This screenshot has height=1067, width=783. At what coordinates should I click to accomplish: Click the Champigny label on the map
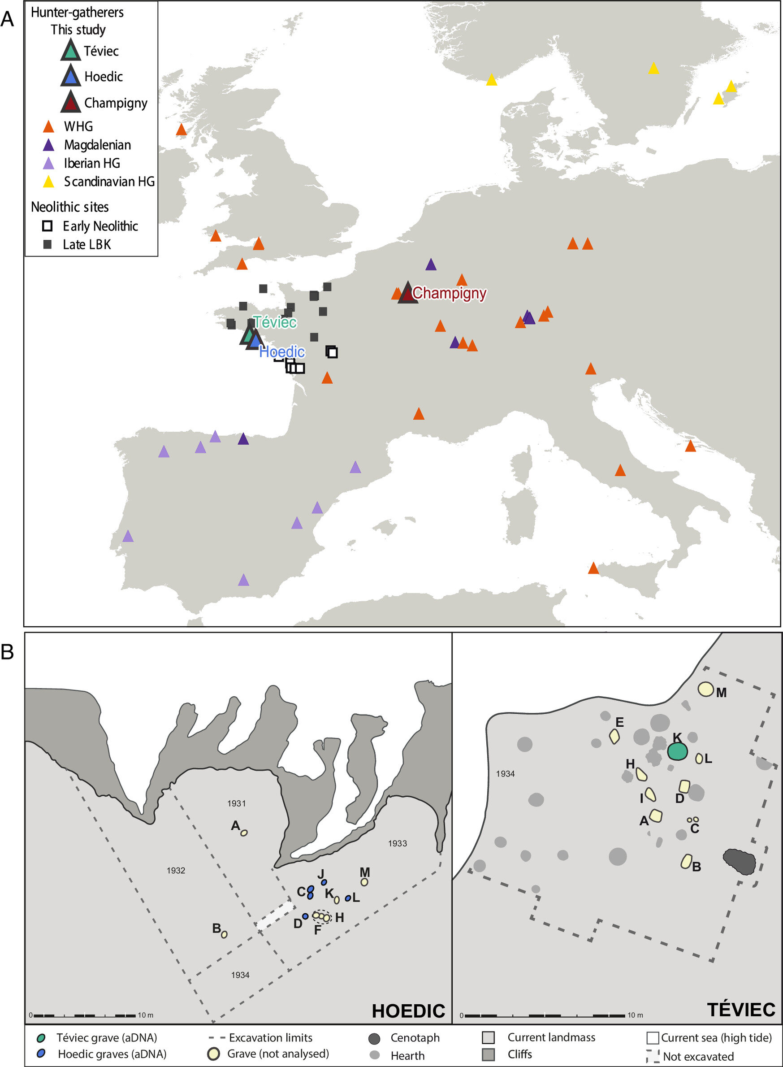coord(449,293)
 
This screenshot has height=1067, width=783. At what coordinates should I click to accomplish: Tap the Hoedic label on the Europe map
coord(282,352)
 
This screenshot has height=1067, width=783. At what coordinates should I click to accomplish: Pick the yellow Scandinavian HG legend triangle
coord(48,182)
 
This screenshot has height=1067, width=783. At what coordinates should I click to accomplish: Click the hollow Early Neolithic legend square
coord(48,226)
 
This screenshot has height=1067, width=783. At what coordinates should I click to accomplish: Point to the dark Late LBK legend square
coord(48,245)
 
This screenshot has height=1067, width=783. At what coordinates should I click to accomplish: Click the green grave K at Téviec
coord(677,751)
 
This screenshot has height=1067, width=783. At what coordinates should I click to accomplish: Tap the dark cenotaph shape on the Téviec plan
coord(739,862)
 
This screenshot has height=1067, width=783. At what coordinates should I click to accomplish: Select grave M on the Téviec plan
coord(706,689)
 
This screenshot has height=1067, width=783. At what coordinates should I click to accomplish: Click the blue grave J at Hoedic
coord(324,882)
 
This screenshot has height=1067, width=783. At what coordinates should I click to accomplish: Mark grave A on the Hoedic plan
coord(244,833)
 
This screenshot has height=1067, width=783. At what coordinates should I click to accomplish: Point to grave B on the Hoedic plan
coord(224,934)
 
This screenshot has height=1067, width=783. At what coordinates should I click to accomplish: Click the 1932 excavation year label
coord(176,870)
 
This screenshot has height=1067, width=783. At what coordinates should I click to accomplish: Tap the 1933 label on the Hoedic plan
coord(397,843)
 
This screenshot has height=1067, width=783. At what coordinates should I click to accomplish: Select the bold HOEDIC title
coord(408,1011)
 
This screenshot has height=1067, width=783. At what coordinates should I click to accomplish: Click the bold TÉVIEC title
coord(741,1010)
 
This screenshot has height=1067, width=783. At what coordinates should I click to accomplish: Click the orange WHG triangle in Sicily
coord(593,568)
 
